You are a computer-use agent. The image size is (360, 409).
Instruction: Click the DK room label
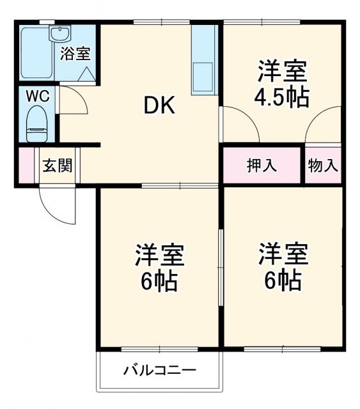point(159,106)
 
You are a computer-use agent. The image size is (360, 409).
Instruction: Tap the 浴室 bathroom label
point(75,54)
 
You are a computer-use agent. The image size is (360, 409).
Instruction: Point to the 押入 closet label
point(262,166)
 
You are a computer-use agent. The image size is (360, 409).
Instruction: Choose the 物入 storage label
point(323,166)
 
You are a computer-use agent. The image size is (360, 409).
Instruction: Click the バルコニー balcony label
point(160,370)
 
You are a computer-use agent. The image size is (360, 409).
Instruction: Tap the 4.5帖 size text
point(283,98)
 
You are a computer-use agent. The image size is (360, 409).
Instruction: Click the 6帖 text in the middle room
point(159,279)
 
